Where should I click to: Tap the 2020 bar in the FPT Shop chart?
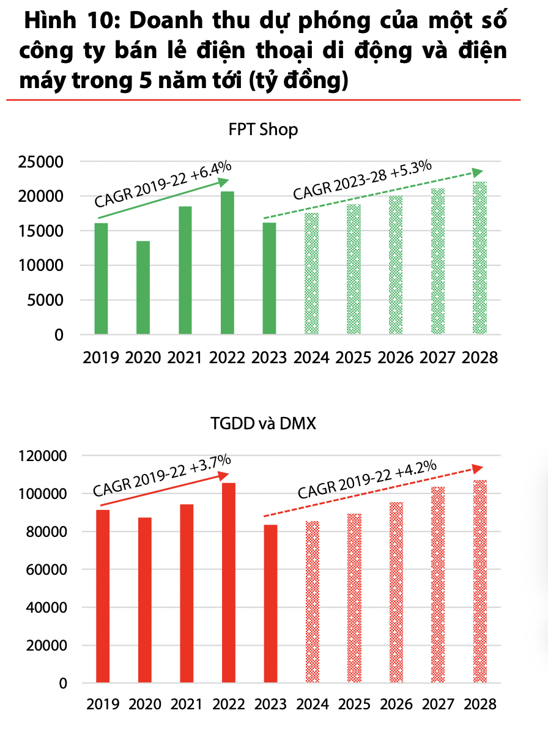coord(143,287)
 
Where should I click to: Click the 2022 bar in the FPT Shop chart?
coord(227,263)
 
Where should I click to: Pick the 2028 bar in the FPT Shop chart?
coord(480,258)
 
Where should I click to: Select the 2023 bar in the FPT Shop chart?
coord(269,278)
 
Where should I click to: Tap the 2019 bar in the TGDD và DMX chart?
coord(103,596)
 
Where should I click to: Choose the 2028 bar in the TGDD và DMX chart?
coord(480,581)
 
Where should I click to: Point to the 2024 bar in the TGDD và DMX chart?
coord(312,602)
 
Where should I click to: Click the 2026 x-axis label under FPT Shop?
coord(396,358)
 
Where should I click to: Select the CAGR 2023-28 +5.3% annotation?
coord(362,180)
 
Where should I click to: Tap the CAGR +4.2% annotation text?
coord(367,480)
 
